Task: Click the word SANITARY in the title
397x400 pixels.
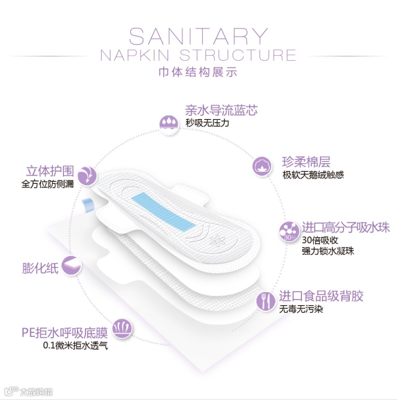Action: (x=199, y=35)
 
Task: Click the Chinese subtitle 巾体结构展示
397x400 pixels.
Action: (x=198, y=73)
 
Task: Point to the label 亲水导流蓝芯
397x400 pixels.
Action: (x=221, y=111)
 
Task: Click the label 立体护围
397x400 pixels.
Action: (x=50, y=170)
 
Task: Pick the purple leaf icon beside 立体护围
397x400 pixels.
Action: (x=87, y=175)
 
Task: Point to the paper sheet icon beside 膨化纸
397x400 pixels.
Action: (x=72, y=265)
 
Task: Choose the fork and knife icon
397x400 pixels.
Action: (x=265, y=301)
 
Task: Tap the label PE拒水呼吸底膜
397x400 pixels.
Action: (x=65, y=333)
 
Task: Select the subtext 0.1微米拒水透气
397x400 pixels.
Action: (x=75, y=346)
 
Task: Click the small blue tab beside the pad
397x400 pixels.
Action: (x=87, y=204)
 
